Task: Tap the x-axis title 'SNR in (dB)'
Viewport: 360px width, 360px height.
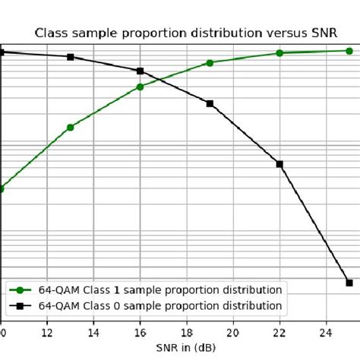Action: (187, 347)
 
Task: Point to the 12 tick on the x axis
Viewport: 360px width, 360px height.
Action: (47, 332)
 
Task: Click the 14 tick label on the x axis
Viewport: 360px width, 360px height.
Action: (93, 332)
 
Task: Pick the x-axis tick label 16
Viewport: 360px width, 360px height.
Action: (140, 332)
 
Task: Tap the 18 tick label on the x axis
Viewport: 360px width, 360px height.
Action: (187, 332)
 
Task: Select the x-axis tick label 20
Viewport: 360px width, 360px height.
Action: (233, 332)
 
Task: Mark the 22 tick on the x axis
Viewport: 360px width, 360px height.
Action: (279, 332)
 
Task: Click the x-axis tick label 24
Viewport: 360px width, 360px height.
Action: (326, 332)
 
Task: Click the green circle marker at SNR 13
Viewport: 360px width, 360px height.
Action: (71, 128)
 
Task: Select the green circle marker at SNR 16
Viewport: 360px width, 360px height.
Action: (140, 87)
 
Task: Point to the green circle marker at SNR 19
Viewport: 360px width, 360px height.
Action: (210, 62)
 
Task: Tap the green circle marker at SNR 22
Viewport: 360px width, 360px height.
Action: (279, 53)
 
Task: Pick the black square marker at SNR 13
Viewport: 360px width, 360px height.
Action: (71, 57)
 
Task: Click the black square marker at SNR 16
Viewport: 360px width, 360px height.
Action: (140, 71)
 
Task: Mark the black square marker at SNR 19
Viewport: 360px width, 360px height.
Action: (210, 103)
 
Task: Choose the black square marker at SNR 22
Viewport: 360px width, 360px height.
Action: (279, 164)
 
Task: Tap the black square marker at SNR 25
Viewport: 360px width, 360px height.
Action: (349, 283)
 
